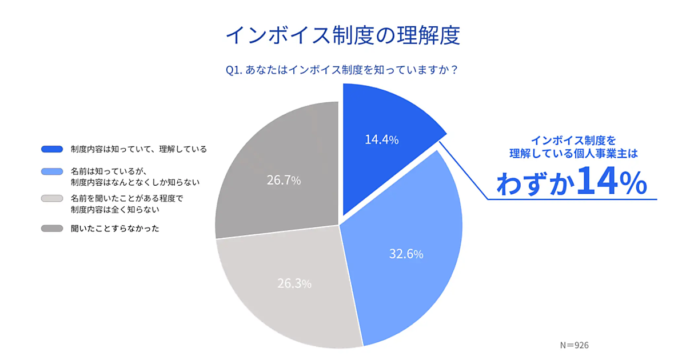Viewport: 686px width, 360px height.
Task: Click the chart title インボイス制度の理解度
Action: tap(342, 35)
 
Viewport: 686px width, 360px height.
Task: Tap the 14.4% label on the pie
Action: tap(381, 139)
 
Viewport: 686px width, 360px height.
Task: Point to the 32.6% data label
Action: tap(406, 254)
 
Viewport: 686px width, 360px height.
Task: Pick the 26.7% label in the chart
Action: tap(284, 181)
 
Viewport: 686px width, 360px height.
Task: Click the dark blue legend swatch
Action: tap(52, 149)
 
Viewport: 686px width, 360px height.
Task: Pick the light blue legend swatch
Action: tap(52, 171)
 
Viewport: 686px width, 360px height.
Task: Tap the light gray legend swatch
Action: tap(52, 199)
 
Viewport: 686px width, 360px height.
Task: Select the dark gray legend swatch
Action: tap(52, 229)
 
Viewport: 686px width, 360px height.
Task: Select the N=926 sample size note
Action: tap(575, 345)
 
